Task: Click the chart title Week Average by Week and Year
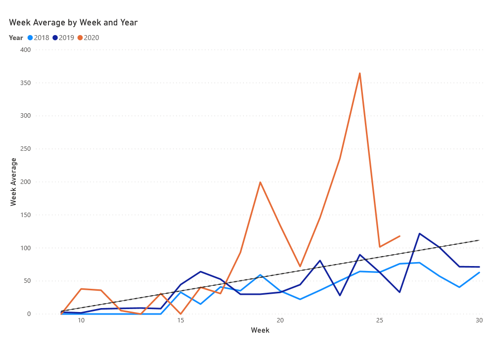click(x=73, y=22)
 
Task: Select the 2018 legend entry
click(x=41, y=38)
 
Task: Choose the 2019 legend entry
click(x=66, y=38)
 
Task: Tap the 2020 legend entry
click(x=91, y=38)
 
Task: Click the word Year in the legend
click(x=16, y=38)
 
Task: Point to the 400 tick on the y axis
click(x=25, y=49)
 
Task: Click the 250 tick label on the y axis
click(x=25, y=149)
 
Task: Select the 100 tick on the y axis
click(x=25, y=248)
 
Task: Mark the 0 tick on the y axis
click(x=29, y=314)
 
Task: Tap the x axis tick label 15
click(x=181, y=320)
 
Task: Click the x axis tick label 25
click(x=380, y=320)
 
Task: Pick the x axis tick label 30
click(x=479, y=320)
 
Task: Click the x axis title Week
click(x=260, y=330)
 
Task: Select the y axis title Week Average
click(x=14, y=182)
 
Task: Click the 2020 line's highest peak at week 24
click(x=359, y=73)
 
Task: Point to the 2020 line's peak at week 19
click(x=260, y=182)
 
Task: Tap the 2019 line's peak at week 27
click(x=419, y=233)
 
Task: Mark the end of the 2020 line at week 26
click(x=399, y=236)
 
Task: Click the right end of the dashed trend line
click(x=479, y=240)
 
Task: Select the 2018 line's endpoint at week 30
click(x=479, y=272)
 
